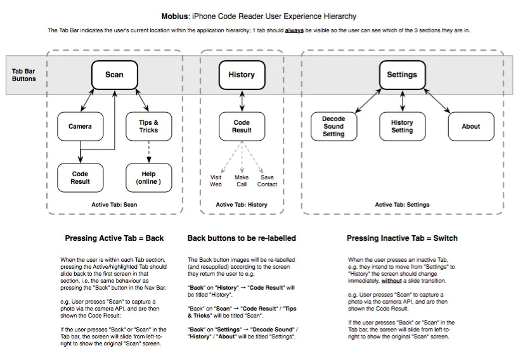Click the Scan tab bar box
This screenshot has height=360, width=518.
pyautogui.click(x=114, y=75)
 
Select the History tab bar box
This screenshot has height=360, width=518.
pyautogui.click(x=242, y=75)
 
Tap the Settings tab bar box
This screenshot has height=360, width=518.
pyautogui.click(x=402, y=75)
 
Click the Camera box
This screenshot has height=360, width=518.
pyautogui.click(x=80, y=126)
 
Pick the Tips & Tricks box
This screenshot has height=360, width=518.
pyautogui.click(x=148, y=126)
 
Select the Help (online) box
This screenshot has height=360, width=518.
pyautogui.click(x=148, y=177)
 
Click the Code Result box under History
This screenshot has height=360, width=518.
pyautogui.click(x=242, y=126)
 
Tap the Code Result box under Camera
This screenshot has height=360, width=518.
pyautogui.click(x=80, y=177)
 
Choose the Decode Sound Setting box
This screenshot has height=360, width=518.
pyautogui.click(x=333, y=126)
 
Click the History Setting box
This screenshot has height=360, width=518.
pyautogui.click(x=402, y=126)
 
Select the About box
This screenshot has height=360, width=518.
pyautogui.click(x=470, y=126)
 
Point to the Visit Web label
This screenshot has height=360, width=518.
pyautogui.click(x=216, y=181)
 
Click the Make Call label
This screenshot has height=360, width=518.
pyautogui.click(x=242, y=181)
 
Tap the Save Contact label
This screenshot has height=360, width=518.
pyautogui.click(x=267, y=181)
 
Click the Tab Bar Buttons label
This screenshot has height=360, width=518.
pyautogui.click(x=24, y=75)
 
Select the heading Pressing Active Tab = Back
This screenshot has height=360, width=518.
pyautogui.click(x=114, y=238)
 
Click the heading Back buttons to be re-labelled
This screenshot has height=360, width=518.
pyautogui.click(x=242, y=238)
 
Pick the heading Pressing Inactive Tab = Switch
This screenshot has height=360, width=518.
pyautogui.click(x=402, y=238)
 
